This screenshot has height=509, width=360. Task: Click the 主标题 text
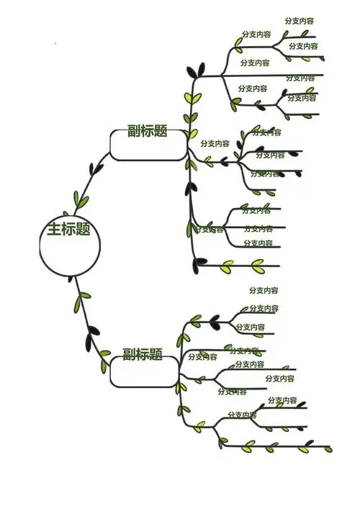point(69,230)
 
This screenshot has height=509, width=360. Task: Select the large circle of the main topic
point(67,248)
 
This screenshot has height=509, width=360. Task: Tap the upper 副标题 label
point(148,131)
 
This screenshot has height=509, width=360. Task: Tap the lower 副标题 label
point(143,354)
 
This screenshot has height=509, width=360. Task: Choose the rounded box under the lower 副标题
point(144,371)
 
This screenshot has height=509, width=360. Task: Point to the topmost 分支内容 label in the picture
point(300,21)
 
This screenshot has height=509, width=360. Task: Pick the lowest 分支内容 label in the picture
point(243,415)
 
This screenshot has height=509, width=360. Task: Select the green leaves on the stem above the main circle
point(81,199)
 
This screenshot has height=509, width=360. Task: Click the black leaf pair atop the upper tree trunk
point(195,71)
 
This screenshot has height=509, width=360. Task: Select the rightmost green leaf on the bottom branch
point(328,449)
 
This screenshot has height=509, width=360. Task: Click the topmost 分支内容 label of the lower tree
point(264,290)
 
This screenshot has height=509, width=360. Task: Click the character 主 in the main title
point(54,230)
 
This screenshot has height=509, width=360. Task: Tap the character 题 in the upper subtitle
point(161,131)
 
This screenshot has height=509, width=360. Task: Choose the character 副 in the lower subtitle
point(129,354)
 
